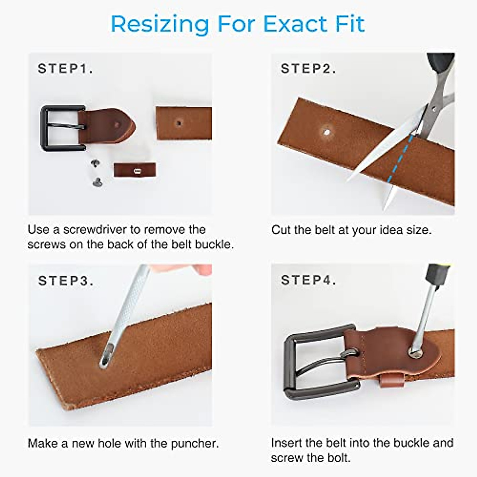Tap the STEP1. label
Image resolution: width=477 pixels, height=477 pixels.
[65, 69]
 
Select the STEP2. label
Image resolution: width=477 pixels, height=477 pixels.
[308, 69]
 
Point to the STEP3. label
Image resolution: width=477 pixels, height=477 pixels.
[66, 281]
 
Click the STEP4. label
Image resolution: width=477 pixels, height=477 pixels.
[308, 280]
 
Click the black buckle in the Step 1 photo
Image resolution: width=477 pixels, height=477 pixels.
[46, 128]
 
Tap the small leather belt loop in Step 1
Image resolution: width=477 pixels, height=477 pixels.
[134, 170]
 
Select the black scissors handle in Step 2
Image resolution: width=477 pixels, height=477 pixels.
[440, 66]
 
